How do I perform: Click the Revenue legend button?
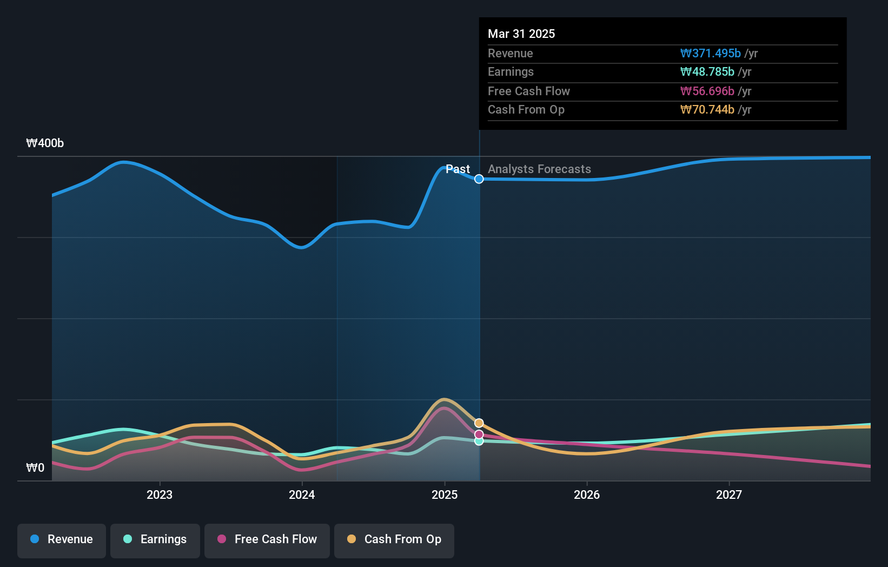(62, 539)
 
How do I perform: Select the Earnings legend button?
(155, 539)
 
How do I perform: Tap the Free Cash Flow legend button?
(267, 539)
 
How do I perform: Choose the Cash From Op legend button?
(394, 539)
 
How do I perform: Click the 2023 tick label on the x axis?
(160, 495)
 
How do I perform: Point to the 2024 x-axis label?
(302, 495)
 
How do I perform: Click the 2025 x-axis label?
(445, 495)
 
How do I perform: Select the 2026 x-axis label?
(587, 495)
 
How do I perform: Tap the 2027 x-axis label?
(729, 495)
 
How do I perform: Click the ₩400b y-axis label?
(45, 143)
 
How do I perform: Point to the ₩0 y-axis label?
(35, 468)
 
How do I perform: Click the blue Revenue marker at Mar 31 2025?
(479, 179)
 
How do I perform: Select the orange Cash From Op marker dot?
(479, 423)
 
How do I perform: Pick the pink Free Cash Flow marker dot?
(479, 434)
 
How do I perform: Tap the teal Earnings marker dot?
(479, 441)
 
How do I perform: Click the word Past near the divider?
(458, 169)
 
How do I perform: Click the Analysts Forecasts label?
(539, 169)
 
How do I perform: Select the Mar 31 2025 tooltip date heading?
(521, 34)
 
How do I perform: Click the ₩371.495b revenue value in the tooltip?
(710, 54)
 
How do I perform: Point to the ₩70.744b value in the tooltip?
(707, 110)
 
